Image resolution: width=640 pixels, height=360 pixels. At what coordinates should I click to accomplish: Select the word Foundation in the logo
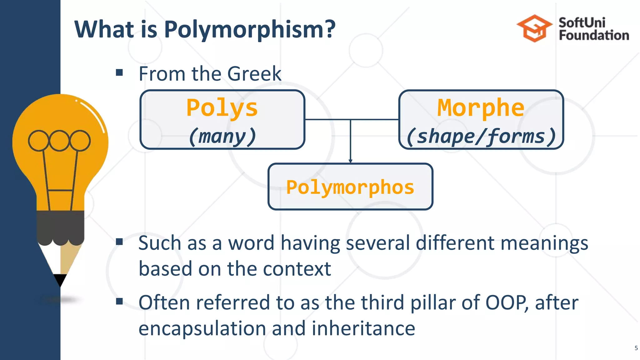(594, 35)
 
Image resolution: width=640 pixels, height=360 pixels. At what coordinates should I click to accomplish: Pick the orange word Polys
(222, 108)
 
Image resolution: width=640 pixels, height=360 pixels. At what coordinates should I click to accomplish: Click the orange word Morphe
(481, 108)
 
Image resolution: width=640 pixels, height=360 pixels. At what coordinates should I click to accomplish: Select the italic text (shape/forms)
(481, 137)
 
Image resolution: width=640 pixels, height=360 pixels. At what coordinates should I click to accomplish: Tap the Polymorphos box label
(350, 187)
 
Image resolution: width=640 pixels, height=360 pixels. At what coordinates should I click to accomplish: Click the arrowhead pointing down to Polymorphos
(350, 161)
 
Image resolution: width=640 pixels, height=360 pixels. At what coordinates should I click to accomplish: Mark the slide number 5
(636, 348)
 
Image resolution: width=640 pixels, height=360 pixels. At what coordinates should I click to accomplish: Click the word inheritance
(363, 329)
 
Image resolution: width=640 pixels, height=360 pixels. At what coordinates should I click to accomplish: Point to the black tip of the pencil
(60, 279)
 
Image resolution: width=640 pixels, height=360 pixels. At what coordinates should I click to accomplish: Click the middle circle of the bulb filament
(59, 140)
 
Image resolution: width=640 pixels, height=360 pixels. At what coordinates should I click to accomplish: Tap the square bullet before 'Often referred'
(119, 301)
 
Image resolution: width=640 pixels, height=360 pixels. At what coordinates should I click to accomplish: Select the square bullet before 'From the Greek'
(119, 73)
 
